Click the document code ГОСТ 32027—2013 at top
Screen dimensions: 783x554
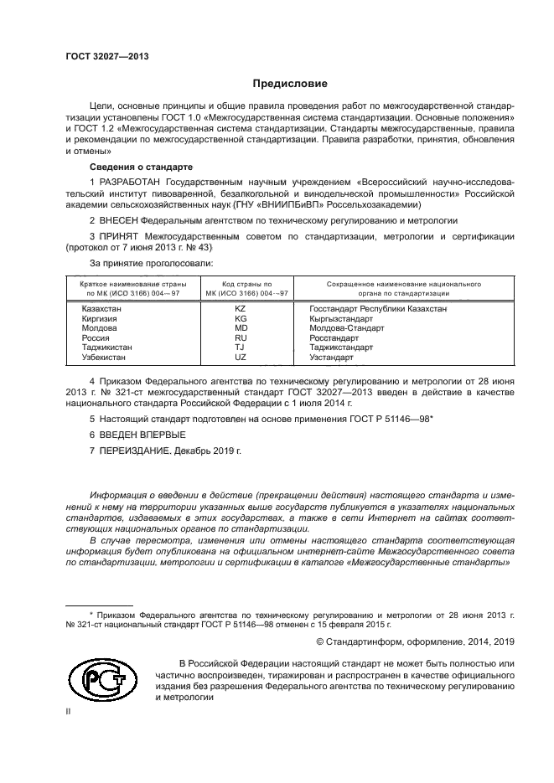click(107, 57)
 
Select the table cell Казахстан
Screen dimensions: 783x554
click(101, 310)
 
